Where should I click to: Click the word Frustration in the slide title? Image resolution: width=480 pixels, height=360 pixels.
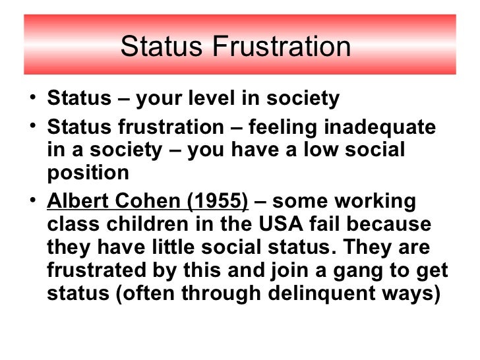pyautogui.click(x=287, y=47)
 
